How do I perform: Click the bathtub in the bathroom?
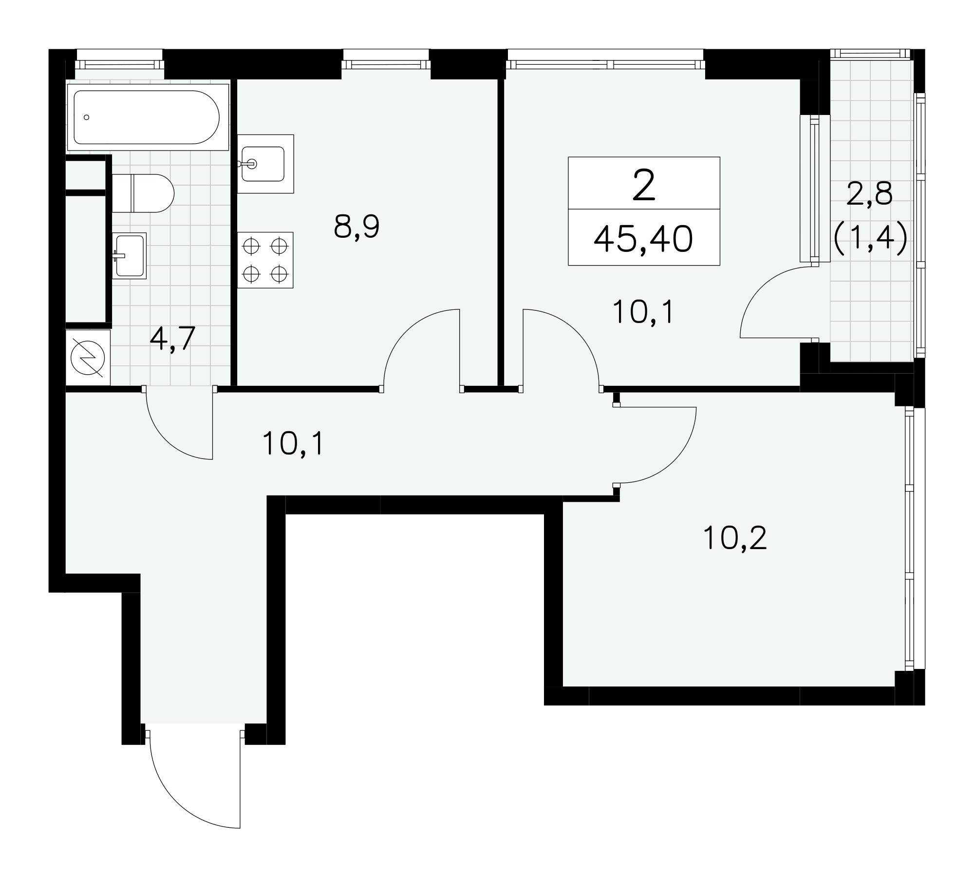[x=148, y=117]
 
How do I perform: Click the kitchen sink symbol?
[x=265, y=164]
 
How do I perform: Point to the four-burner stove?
[x=265, y=260]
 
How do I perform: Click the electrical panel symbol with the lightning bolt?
[x=88, y=358]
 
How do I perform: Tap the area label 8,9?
[x=356, y=227]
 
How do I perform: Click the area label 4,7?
[x=172, y=339]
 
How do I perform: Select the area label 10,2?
[x=735, y=538]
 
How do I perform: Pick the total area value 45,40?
[x=643, y=240]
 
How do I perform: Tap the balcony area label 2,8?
[x=870, y=193]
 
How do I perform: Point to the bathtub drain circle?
[x=87, y=117]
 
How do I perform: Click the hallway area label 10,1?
[x=293, y=443]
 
